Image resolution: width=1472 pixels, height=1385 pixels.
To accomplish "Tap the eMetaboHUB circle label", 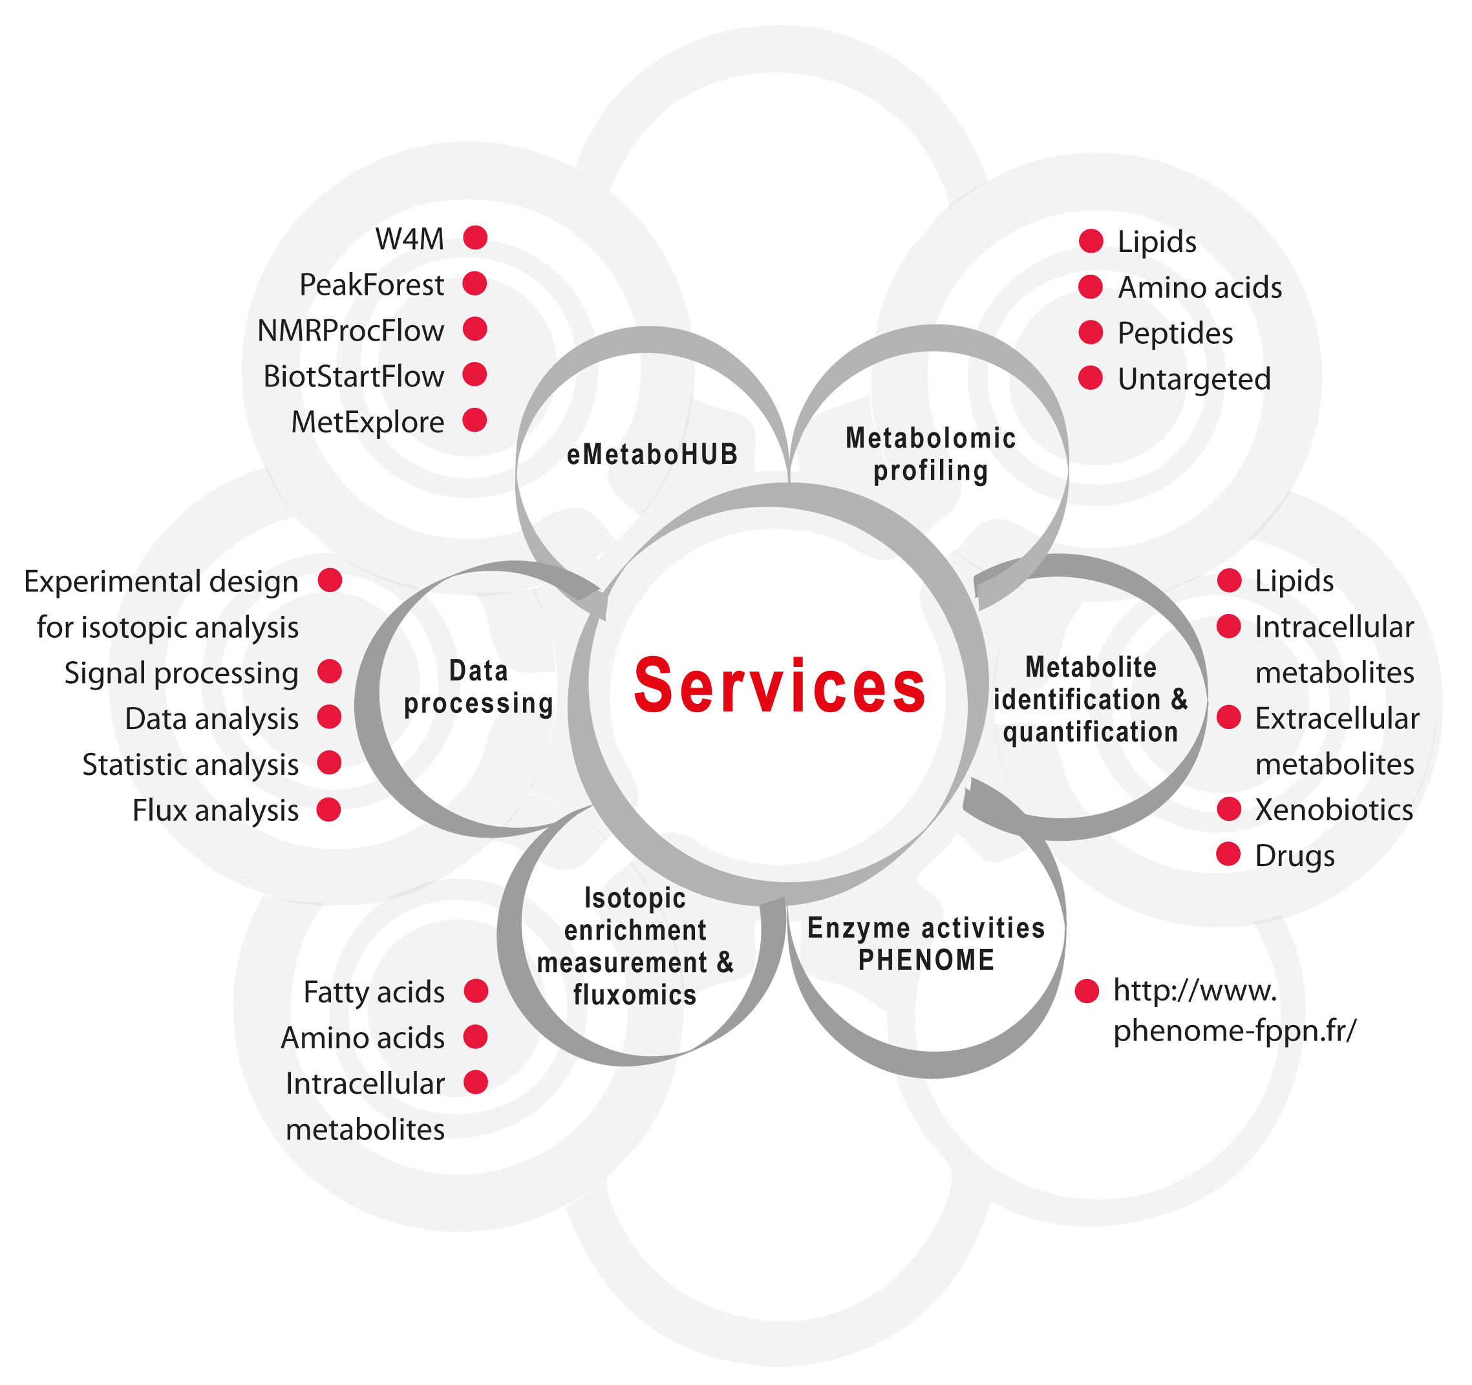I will click(652, 454).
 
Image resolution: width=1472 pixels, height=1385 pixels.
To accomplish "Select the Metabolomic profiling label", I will click(931, 454).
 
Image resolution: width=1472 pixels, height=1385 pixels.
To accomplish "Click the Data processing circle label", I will click(478, 688).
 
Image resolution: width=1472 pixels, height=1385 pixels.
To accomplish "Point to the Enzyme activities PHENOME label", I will click(926, 944).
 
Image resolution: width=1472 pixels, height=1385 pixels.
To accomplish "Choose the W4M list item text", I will click(409, 239).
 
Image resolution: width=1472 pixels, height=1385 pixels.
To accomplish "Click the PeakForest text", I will click(371, 285).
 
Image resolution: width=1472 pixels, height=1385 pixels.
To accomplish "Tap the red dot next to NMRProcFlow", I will click(475, 329).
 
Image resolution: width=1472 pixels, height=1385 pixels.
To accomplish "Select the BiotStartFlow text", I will click(353, 377).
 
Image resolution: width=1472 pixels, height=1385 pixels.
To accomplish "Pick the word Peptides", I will click(1175, 333).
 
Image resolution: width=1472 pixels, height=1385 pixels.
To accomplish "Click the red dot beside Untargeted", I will click(1090, 377).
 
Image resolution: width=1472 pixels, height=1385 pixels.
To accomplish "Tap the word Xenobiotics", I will click(1334, 810).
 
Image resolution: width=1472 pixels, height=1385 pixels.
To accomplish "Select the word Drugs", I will click(1294, 856).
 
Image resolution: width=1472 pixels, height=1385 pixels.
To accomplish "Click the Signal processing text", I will click(182, 673).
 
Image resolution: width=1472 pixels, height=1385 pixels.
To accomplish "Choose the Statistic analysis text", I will click(190, 765).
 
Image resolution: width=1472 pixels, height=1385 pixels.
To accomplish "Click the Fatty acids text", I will click(374, 992).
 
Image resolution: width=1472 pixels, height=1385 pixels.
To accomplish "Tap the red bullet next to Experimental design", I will click(330, 580).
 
